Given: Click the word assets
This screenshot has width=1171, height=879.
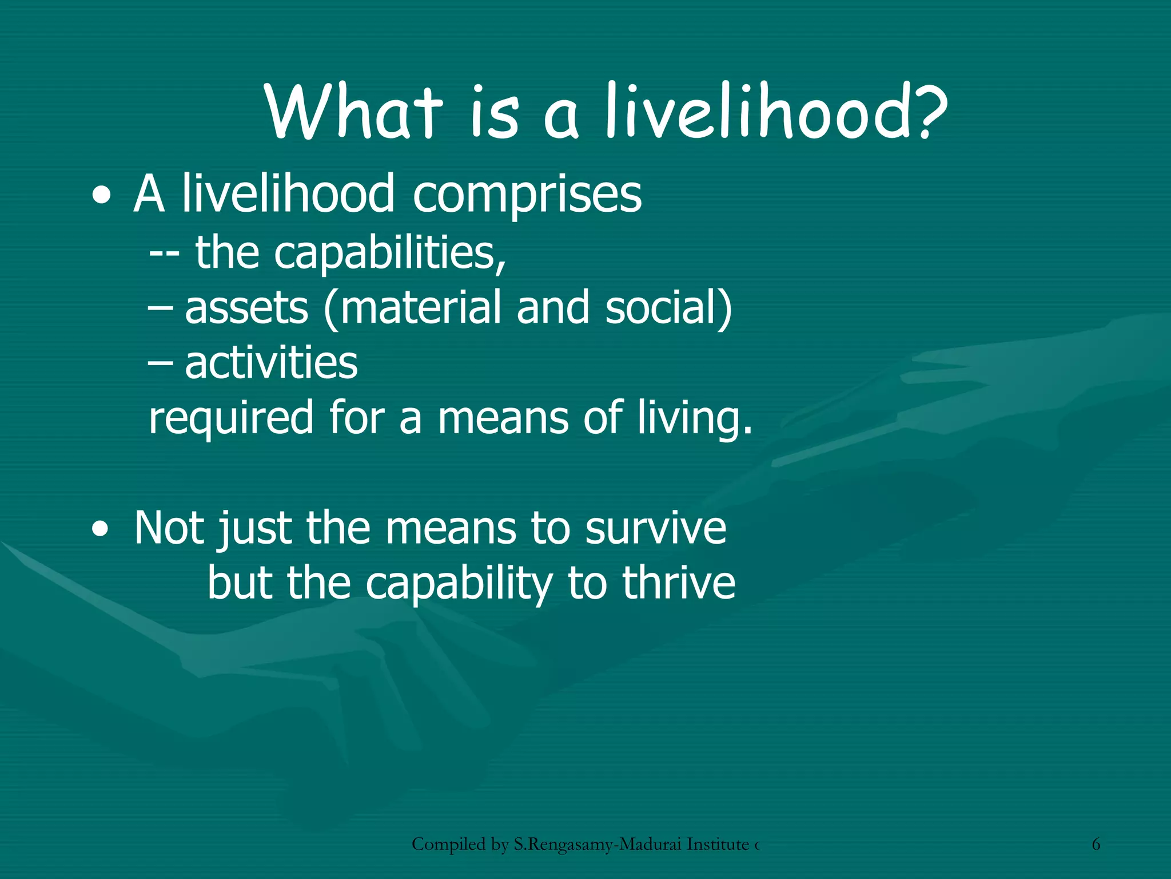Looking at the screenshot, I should tap(246, 308).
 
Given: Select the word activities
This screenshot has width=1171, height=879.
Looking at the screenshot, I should tap(271, 363).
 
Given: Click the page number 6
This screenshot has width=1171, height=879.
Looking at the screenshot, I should tap(1096, 844).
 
